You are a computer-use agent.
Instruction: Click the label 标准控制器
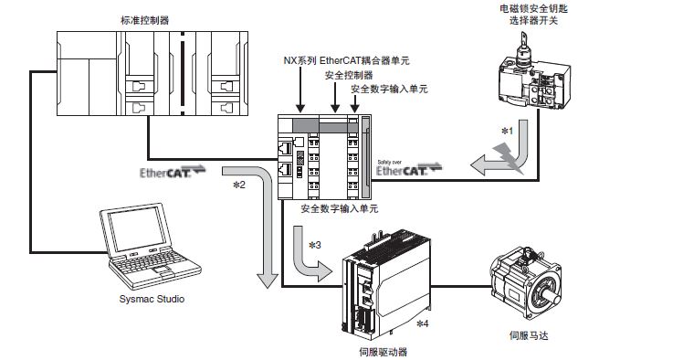click(x=144, y=20)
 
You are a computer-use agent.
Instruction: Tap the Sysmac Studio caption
click(x=152, y=299)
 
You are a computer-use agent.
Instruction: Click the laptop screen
click(x=136, y=228)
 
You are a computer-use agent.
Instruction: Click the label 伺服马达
click(x=529, y=335)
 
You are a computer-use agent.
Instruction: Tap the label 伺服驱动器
click(x=383, y=352)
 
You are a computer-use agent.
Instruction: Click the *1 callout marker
click(x=508, y=131)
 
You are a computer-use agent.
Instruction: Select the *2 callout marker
click(x=239, y=185)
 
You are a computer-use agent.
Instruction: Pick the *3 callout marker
click(x=314, y=245)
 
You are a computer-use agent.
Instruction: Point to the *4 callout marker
click(x=423, y=323)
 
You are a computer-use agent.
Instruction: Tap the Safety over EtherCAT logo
click(x=409, y=168)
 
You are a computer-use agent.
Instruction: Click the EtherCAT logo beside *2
click(x=173, y=172)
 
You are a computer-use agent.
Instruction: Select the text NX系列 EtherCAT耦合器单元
click(x=347, y=60)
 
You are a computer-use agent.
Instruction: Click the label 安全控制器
click(x=349, y=75)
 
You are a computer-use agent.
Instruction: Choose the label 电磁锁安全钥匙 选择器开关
click(x=533, y=15)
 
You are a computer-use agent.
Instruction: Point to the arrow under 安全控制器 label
click(x=335, y=97)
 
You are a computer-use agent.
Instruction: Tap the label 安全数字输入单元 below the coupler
click(x=340, y=208)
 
